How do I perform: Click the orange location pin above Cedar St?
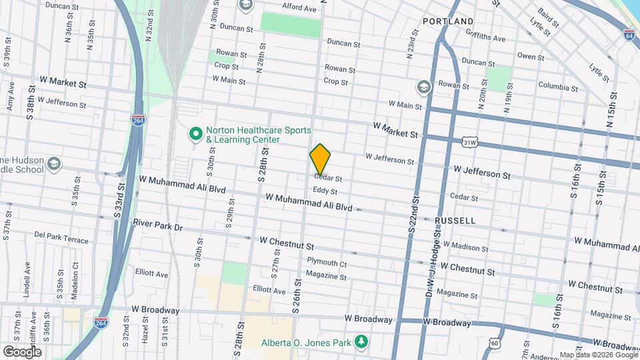tap(320, 159)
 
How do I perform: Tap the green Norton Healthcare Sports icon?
tap(196, 134)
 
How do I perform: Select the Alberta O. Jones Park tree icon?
tap(361, 341)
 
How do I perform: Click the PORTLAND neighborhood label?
tap(448, 21)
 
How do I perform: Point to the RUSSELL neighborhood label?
tap(455, 220)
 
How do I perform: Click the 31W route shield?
tap(470, 142)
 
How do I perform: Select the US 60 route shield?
tap(494, 343)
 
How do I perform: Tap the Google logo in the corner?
tap(21, 351)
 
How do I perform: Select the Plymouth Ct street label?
tap(327, 263)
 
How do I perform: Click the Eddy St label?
tap(325, 191)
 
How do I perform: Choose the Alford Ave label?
tap(299, 8)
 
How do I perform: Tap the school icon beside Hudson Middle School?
tap(53, 163)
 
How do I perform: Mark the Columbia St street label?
tap(558, 87)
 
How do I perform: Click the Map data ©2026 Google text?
tap(598, 355)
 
